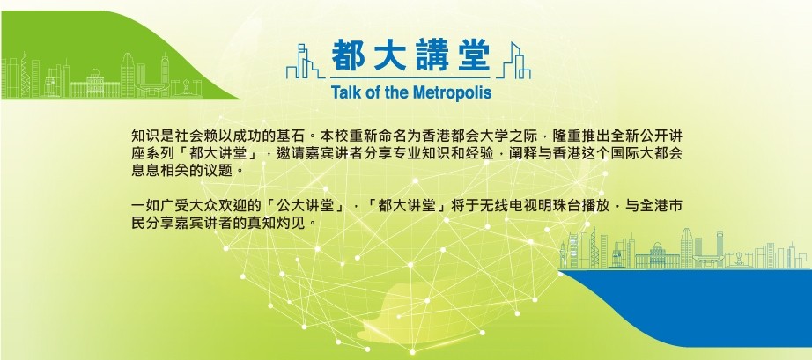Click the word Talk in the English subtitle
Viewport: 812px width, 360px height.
(x=343, y=92)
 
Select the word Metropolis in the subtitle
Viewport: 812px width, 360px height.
(x=452, y=92)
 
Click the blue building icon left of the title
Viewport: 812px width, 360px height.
(x=306, y=62)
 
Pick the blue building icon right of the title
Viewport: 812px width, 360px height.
(x=513, y=61)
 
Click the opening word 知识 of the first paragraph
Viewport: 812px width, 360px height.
(x=144, y=137)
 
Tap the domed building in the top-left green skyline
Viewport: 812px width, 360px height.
(x=95, y=83)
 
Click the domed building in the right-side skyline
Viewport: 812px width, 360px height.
(x=657, y=255)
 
